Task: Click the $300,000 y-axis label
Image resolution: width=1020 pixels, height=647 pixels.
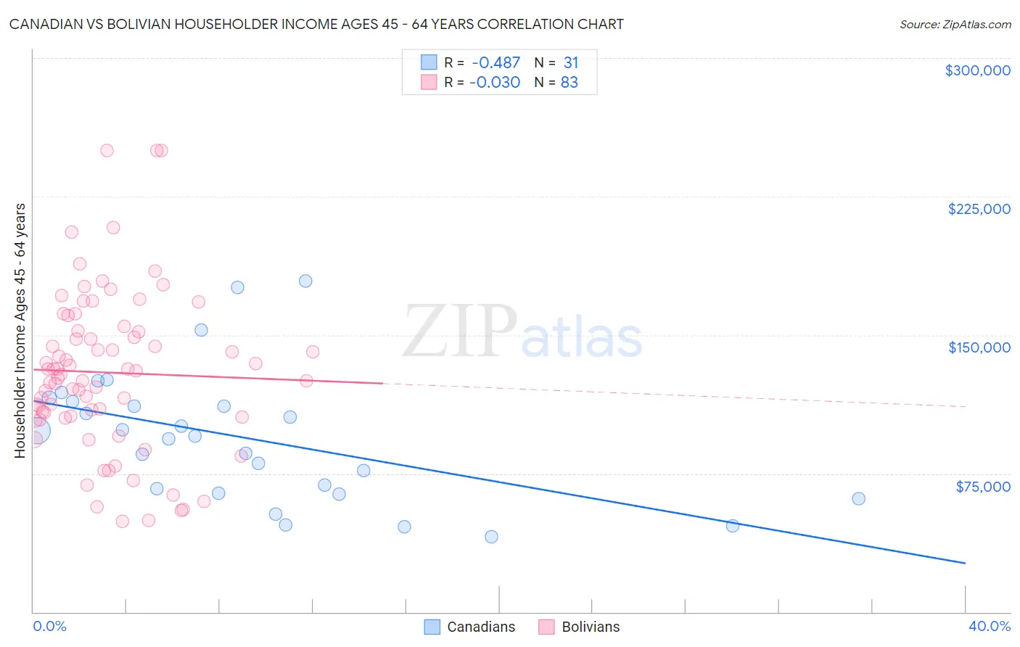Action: point(977,70)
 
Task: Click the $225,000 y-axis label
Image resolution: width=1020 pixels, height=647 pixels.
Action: point(979,209)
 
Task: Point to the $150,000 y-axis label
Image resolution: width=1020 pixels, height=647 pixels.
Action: point(979,347)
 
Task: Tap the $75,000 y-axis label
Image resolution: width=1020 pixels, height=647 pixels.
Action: point(982,487)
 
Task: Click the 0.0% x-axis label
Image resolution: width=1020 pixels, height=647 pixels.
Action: point(49,626)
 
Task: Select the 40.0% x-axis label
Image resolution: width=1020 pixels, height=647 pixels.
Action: point(990,626)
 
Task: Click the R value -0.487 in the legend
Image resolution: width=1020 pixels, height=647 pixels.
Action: point(495,63)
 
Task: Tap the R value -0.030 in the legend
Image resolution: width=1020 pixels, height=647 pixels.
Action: point(495,83)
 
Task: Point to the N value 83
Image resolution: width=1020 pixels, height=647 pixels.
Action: point(569,83)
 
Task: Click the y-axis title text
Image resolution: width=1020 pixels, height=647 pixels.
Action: point(20,331)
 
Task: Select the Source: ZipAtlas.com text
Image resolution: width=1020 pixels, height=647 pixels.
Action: point(955,25)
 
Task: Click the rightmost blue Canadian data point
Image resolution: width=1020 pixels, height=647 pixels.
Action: point(858,498)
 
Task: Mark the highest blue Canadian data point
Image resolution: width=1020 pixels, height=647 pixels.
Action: point(305,281)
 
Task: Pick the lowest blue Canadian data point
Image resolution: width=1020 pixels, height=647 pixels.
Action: point(491,537)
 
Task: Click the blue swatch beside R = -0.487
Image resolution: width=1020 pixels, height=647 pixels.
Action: point(429,62)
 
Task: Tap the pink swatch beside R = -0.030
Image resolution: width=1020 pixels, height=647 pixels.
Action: point(429,82)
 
